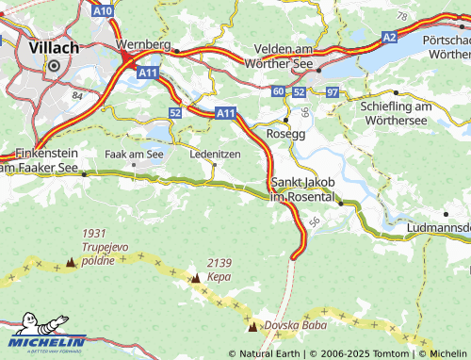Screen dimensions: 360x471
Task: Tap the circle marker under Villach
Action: (x=55, y=66)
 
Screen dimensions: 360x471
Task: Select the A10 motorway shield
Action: (x=104, y=10)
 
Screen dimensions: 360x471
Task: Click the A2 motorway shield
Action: (x=390, y=36)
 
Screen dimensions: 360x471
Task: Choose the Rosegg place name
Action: (x=286, y=134)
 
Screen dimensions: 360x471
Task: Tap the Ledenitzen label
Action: (x=215, y=152)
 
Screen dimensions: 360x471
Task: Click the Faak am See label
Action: (x=135, y=152)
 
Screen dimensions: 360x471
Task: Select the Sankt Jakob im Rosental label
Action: (x=302, y=188)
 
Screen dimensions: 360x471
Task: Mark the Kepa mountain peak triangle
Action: (x=195, y=278)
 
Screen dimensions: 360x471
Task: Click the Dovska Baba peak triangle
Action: (x=252, y=327)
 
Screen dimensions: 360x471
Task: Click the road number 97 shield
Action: (x=331, y=91)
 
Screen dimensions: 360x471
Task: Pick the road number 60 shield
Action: (x=277, y=91)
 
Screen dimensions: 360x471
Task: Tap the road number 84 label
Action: (x=77, y=96)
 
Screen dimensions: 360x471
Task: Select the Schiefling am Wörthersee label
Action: (x=408, y=113)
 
